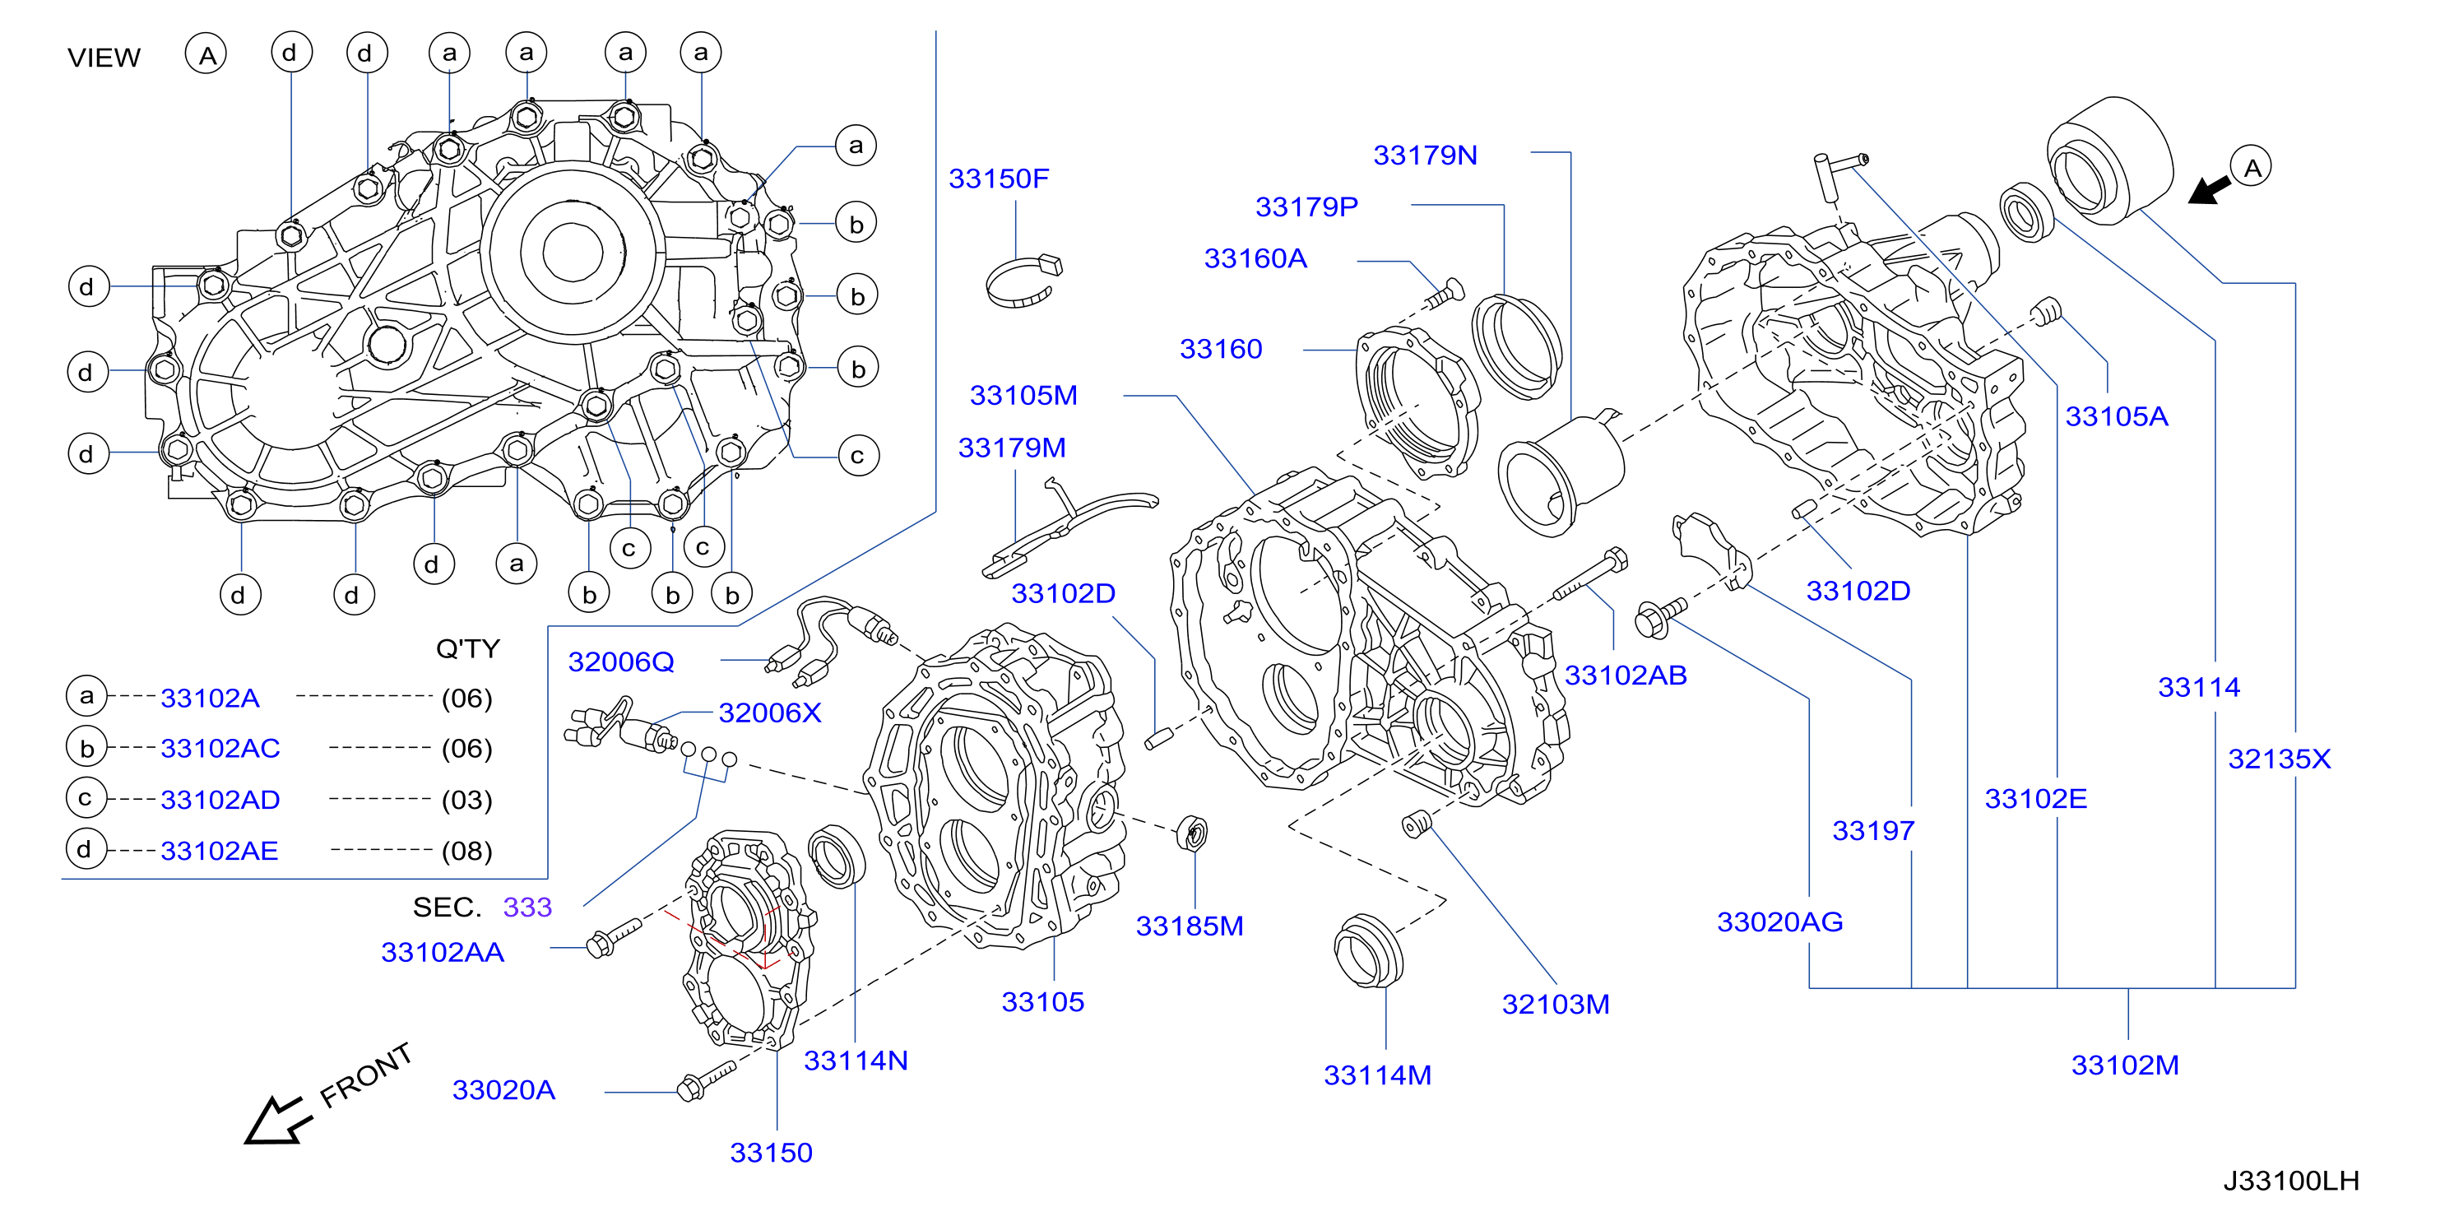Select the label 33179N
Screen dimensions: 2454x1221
click(1425, 156)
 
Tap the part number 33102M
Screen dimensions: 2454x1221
click(2124, 1065)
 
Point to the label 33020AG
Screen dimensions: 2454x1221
click(1779, 922)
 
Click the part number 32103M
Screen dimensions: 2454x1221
click(1556, 1004)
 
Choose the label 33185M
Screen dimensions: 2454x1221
click(1190, 926)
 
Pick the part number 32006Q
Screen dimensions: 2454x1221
click(621, 662)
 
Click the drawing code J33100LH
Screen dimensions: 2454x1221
click(2291, 1181)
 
